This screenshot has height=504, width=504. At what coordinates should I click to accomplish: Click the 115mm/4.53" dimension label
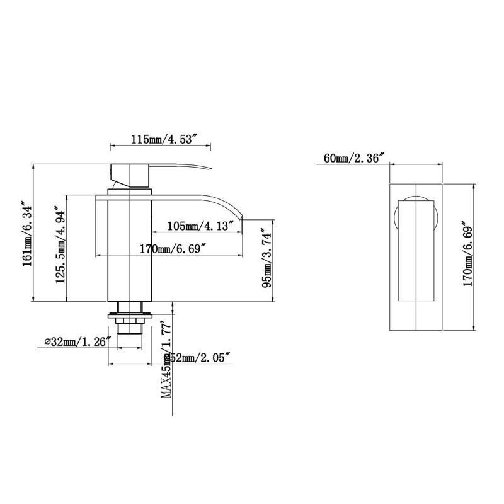161,140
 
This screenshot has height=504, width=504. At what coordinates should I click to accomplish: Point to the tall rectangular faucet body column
131,252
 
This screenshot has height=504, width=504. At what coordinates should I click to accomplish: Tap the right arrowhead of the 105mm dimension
242,233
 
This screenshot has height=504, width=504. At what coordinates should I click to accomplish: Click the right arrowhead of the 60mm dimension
444,164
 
